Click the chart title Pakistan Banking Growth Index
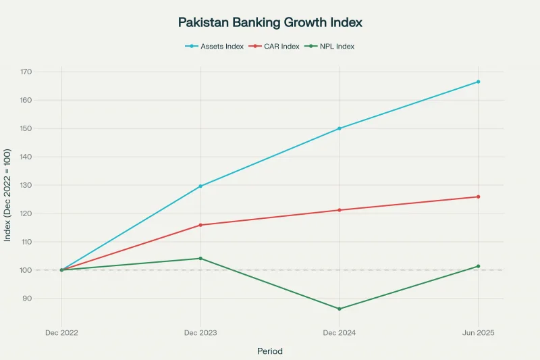[270, 22]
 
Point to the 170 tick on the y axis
[26, 72]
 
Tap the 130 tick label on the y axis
[26, 185]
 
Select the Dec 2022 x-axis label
[61, 333]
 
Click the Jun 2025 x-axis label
[478, 333]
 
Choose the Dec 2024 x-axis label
[340, 333]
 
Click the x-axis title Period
[270, 351]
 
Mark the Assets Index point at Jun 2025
[478, 82]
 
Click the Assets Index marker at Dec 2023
[200, 186]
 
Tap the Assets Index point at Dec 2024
[340, 128]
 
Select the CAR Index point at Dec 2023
[200, 225]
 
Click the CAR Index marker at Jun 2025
[478, 197]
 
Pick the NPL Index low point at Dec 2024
[340, 309]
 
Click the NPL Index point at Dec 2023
[200, 258]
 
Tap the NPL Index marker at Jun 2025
[478, 266]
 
